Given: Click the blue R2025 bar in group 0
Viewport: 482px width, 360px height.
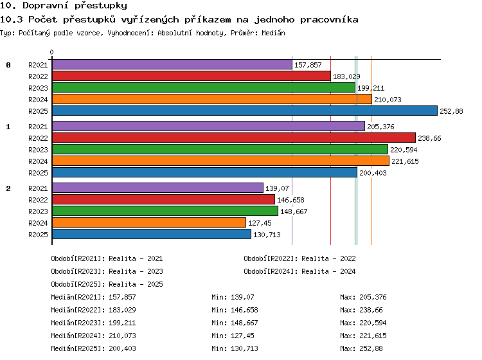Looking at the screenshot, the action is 245,111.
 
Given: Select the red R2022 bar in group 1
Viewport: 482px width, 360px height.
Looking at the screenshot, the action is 234,138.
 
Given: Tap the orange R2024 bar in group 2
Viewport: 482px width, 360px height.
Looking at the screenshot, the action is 149,222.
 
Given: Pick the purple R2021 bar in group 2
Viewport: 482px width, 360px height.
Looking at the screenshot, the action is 157,188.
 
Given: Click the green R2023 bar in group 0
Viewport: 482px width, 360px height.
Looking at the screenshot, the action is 204,87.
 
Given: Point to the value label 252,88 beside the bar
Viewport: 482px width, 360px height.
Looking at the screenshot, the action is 451,111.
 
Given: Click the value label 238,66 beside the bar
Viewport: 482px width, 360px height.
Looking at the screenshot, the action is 429,138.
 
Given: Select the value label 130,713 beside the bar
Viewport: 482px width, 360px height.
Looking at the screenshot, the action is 267,235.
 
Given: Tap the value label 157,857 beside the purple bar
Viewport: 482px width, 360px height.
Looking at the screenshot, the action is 308,65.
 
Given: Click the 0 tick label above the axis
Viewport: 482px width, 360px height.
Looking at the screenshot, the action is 51,52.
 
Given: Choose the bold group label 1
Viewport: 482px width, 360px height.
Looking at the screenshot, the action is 8,127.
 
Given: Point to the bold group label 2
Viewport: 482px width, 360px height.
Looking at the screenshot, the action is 8,188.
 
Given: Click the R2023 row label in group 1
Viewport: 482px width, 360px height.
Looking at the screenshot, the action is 38,150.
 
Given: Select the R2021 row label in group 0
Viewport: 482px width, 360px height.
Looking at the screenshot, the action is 38,65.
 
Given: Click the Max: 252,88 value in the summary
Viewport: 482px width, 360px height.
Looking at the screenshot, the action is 361,348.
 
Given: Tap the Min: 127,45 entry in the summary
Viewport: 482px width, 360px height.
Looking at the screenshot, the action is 233,336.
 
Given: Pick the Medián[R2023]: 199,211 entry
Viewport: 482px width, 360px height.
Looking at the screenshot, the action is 93,323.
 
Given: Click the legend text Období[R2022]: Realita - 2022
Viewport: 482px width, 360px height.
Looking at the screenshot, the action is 299,258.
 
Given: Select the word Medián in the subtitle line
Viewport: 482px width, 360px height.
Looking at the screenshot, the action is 273,33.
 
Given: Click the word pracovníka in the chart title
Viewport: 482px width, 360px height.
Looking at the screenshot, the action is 329,20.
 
